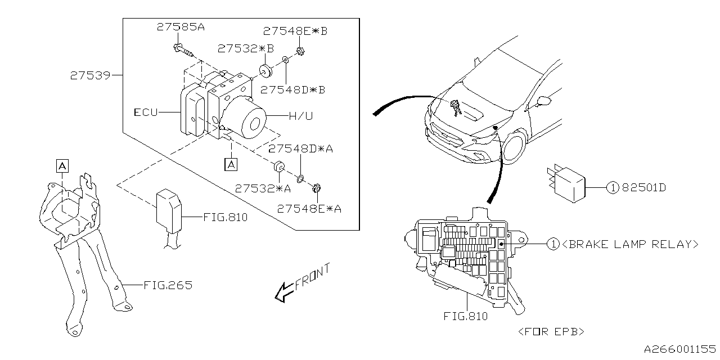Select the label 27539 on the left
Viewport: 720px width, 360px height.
[x=90, y=75]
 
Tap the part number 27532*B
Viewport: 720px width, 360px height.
[x=246, y=48]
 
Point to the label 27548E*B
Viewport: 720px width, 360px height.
[x=295, y=31]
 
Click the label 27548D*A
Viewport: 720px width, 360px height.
[x=301, y=149]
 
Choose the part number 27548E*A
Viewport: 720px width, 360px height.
[x=309, y=209]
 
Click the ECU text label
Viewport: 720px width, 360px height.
[x=145, y=112]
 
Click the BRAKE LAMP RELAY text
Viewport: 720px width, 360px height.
[x=630, y=244]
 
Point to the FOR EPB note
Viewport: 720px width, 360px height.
[x=551, y=331]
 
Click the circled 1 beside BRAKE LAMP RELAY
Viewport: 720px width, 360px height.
[x=553, y=244]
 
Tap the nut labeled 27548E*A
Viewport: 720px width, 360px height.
[x=316, y=189]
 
